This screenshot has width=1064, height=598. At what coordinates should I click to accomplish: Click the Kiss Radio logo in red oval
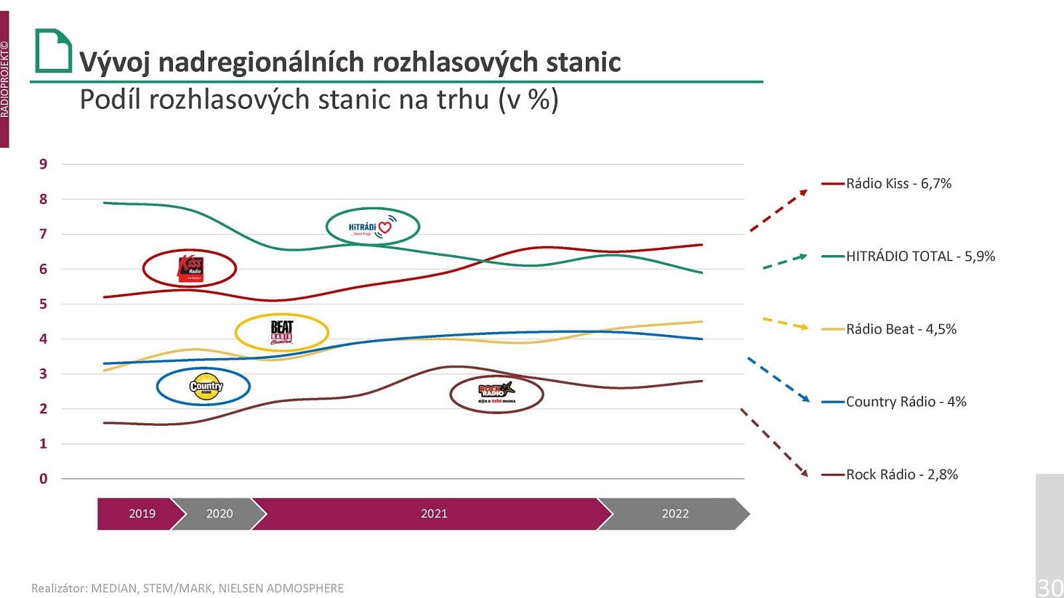point(190,268)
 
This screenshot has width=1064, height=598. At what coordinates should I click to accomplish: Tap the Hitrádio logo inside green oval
point(372,227)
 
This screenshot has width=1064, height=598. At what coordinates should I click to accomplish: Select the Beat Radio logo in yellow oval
point(282,332)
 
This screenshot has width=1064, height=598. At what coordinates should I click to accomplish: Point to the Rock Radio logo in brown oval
point(497,393)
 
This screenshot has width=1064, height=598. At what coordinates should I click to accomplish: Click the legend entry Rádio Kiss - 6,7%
point(898,183)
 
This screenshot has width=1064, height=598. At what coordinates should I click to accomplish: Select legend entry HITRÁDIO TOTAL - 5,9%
point(920,256)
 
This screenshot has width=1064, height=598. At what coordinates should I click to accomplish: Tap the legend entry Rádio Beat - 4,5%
point(900,329)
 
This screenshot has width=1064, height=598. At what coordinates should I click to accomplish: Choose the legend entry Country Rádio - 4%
point(905,402)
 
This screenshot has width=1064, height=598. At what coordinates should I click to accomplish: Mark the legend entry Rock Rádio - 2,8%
point(901,474)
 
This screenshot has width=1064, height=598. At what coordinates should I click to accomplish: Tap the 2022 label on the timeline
point(675,514)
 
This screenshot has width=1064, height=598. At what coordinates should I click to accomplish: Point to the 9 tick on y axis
point(43,164)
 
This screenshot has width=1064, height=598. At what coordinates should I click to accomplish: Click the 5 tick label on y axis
point(43,304)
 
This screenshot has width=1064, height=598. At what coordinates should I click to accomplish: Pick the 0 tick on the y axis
point(43,478)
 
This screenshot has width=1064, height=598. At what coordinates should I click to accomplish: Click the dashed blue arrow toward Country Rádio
point(778,379)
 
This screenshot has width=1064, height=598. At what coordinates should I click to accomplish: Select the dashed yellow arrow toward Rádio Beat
point(785,324)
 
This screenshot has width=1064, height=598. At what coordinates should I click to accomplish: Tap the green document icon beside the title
point(53,50)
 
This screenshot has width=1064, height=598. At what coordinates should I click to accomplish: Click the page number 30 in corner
point(1050,587)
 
